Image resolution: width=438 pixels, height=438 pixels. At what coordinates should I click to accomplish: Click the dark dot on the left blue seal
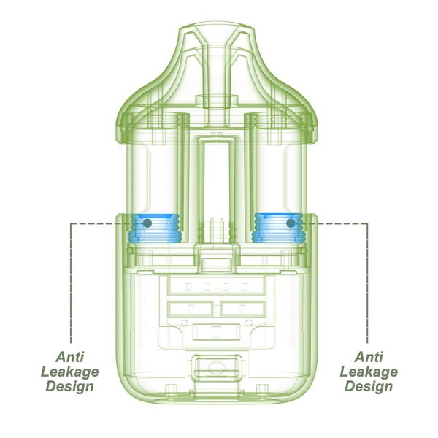(147, 223)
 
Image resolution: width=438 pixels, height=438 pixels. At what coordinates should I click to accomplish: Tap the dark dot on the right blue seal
(291, 223)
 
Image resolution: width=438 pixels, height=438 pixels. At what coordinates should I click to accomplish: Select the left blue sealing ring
(154, 228)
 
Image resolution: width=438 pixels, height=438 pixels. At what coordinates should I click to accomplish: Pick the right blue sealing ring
(277, 228)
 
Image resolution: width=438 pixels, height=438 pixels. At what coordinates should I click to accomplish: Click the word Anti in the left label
(70, 357)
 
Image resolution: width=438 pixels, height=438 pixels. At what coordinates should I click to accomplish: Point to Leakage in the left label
(70, 372)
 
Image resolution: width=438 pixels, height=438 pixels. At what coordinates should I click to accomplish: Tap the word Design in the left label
(70, 386)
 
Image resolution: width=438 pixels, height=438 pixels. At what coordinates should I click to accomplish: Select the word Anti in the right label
(369, 357)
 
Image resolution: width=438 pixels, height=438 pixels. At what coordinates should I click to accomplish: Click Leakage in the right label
(369, 372)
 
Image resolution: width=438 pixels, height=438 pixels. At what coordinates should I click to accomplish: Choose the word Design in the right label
(369, 386)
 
